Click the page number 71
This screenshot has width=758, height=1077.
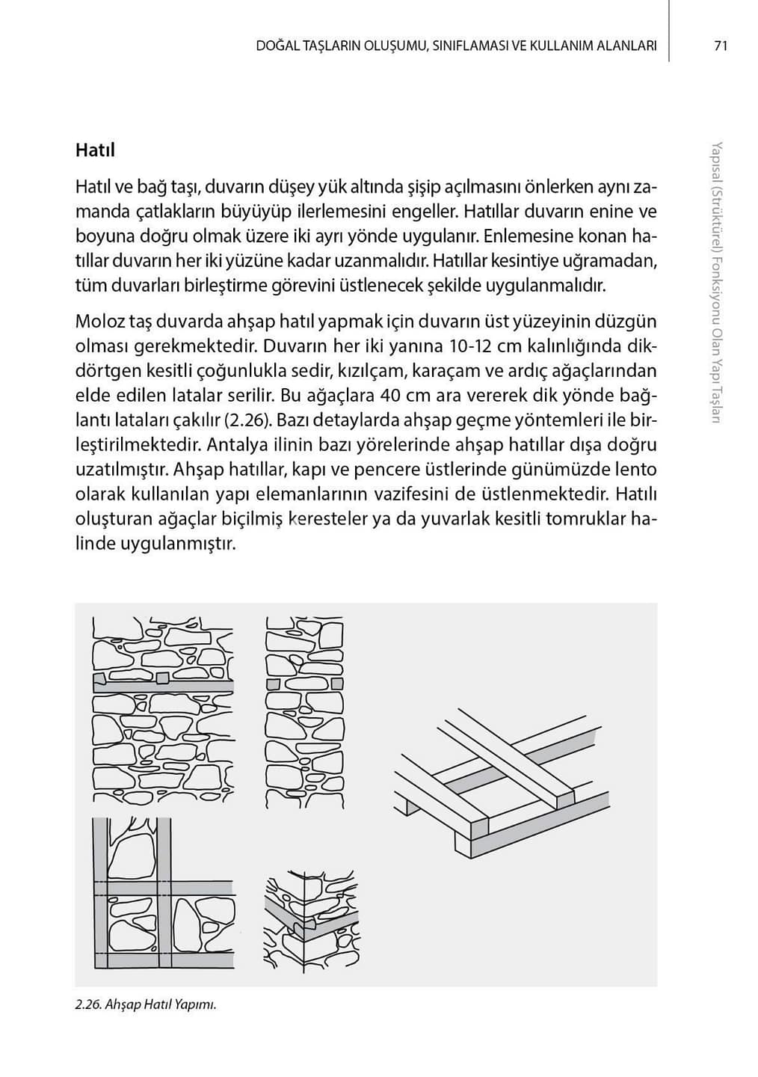click(720, 46)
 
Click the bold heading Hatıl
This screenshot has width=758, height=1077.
click(95, 150)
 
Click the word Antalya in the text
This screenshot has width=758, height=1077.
click(237, 445)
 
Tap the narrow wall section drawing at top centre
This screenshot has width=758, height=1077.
click(305, 711)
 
